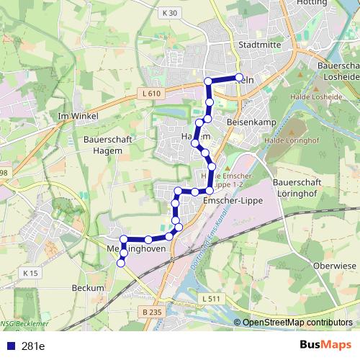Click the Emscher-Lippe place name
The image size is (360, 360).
coord(233,200)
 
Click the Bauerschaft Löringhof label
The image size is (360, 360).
coord(296,189)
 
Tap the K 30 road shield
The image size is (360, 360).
coord(169,13)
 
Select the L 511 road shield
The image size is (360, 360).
coord(211,298)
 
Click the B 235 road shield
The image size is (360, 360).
coord(152,311)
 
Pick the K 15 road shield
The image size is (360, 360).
coord(30,273)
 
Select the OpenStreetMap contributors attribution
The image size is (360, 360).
coord(297,323)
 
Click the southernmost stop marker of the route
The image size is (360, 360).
coord(120,264)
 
